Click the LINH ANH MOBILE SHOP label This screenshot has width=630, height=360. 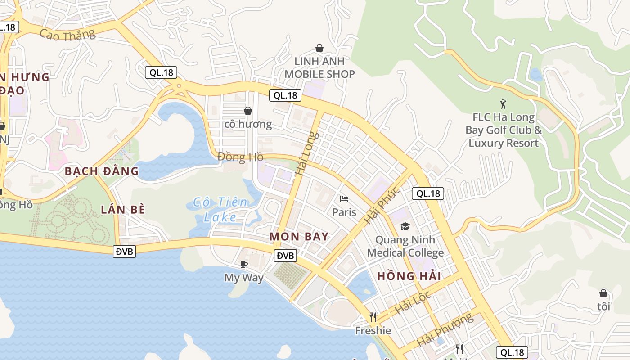320,67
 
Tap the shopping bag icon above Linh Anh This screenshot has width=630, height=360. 319,48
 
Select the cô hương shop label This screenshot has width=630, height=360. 248,124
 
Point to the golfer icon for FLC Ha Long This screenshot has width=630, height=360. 503,104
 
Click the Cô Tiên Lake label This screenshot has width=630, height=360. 220,210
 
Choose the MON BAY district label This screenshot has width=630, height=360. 299,236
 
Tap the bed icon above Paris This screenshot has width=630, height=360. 344,199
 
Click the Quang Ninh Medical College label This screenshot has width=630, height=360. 405,246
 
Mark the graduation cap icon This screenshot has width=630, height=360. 405,226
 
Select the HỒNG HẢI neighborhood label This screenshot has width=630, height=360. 409,276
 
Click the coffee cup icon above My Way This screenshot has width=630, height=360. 243,264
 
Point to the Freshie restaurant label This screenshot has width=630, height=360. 373,331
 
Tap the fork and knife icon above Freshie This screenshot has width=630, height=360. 373,317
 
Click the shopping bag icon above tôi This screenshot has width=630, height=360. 603,293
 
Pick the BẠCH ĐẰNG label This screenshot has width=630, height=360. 102,171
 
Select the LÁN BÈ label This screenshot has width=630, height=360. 123,209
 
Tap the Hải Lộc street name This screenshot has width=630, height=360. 413,302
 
